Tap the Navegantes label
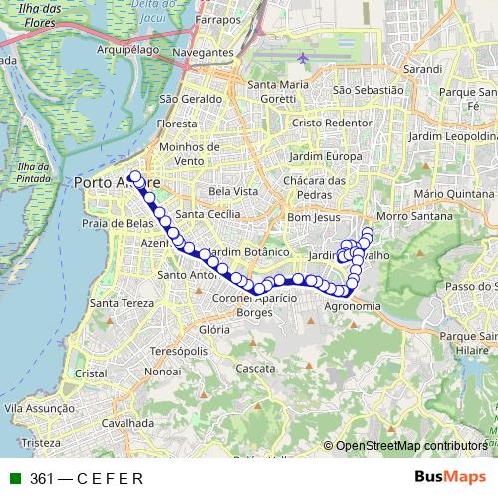tap(202, 50)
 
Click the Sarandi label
tap(423, 70)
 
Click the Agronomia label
tap(353, 306)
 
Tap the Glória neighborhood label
tap(214, 329)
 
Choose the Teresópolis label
tap(178, 352)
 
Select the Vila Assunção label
tap(41, 408)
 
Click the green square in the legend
tap(14, 478)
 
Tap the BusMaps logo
tap(450, 477)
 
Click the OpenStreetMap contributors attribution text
tap(409, 445)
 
